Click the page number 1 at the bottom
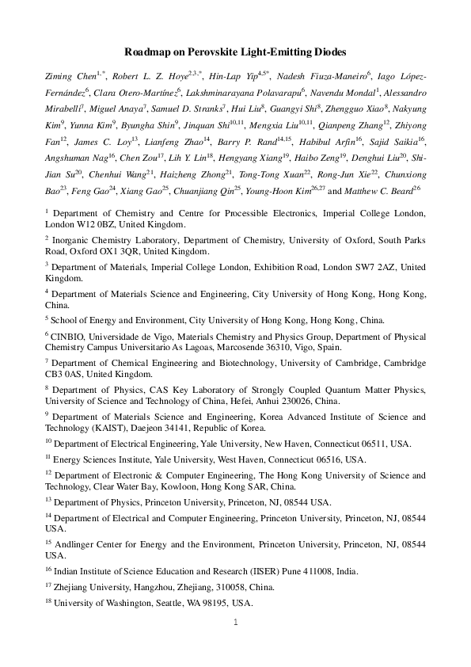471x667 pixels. (x=236, y=621)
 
